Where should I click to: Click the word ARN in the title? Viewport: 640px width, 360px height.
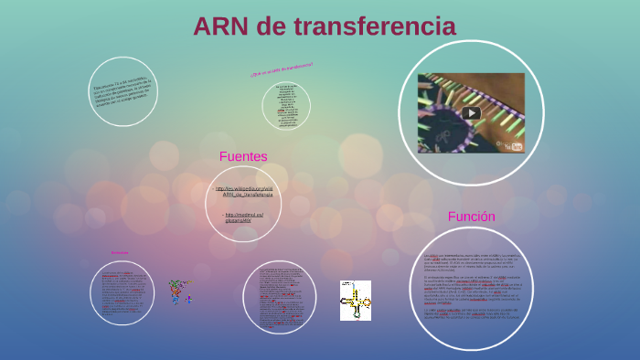tap(222, 26)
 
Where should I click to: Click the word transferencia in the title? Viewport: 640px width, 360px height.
tap(383, 26)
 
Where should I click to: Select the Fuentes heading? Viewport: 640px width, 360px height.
tap(243, 156)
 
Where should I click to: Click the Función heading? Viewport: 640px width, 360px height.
tap(471, 217)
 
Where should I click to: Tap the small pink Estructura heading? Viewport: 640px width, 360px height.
tap(120, 253)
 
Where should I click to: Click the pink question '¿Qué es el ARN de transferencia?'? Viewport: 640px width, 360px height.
tap(281, 69)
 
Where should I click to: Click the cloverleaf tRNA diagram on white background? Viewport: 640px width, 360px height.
tap(355, 300)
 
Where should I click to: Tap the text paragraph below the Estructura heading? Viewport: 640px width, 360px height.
tap(121, 292)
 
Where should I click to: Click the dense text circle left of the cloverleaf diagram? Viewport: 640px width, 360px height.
tap(279, 298)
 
